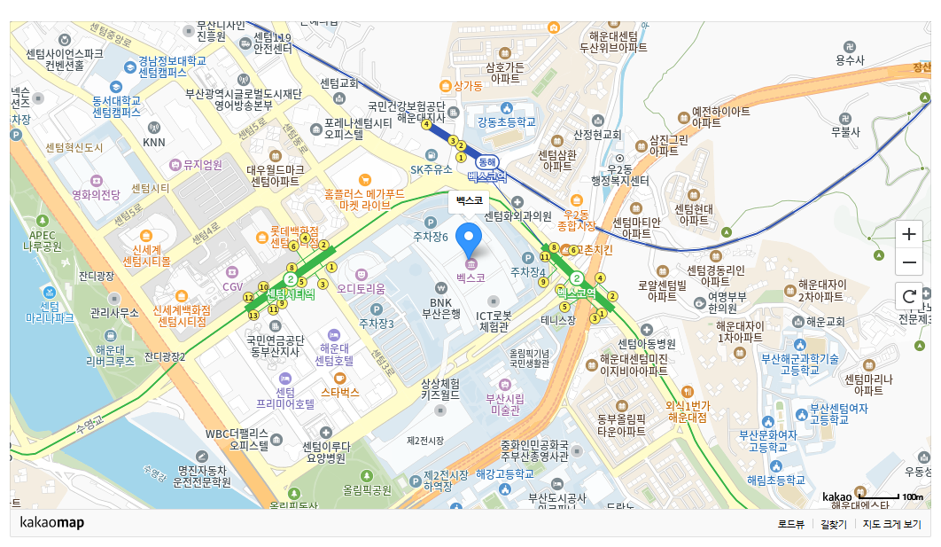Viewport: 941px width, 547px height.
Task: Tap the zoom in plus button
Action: pos(908,235)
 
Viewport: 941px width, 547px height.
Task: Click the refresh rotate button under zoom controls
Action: pos(908,295)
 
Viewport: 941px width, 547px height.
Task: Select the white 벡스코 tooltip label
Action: pos(470,200)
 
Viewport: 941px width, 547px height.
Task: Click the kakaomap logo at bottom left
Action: pos(51,523)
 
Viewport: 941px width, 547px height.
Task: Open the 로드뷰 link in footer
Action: pos(790,524)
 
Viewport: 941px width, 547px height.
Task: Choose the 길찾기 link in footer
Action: pos(834,524)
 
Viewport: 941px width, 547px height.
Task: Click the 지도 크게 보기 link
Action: pos(891,524)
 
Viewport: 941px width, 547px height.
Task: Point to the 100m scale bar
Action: pos(881,496)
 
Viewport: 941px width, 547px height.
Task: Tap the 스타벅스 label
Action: pos(340,391)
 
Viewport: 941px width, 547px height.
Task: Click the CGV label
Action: pos(232,286)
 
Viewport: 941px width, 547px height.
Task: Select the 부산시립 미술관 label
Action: pos(504,404)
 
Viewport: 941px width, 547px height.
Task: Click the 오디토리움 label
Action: pos(361,288)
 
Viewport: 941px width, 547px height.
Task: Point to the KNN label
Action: pos(154,142)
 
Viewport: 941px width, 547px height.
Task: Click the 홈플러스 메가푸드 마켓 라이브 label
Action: pos(363,199)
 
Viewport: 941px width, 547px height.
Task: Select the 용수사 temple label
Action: pos(849,60)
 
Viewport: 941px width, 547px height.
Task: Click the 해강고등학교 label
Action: pos(505,474)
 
